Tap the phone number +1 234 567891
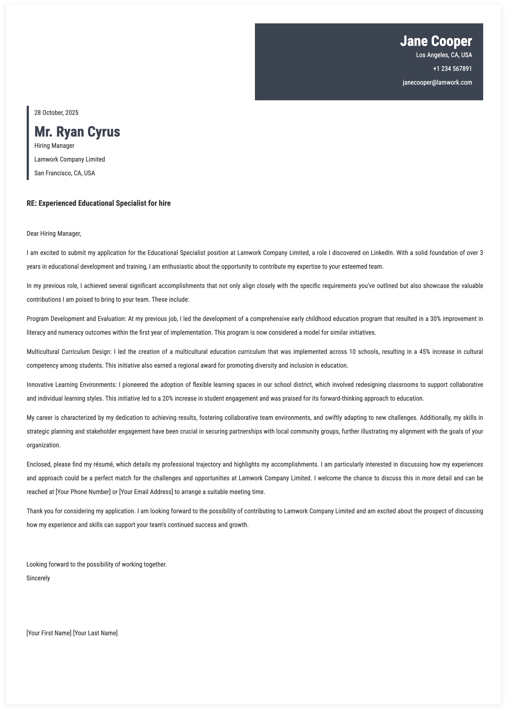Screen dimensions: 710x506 pyautogui.click(x=452, y=69)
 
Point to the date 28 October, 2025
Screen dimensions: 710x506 pyautogui.click(x=56, y=113)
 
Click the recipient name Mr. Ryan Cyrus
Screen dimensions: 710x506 pyautogui.click(x=77, y=132)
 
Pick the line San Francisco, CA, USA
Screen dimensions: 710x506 pyautogui.click(x=65, y=173)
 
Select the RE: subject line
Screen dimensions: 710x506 pyautogui.click(x=98, y=203)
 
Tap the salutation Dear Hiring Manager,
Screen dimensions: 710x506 pyautogui.click(x=54, y=234)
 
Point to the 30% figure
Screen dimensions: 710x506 pyautogui.click(x=435, y=319)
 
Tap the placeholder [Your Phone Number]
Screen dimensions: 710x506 pyautogui.click(x=83, y=492)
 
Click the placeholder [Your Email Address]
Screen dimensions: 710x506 pyautogui.click(x=146, y=492)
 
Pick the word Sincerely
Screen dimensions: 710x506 pyautogui.click(x=38, y=578)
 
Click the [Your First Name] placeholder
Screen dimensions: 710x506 pyautogui.click(x=49, y=633)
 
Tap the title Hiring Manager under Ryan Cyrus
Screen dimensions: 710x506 pyautogui.click(x=54, y=146)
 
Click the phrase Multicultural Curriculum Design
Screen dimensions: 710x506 pyautogui.click(x=68, y=352)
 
